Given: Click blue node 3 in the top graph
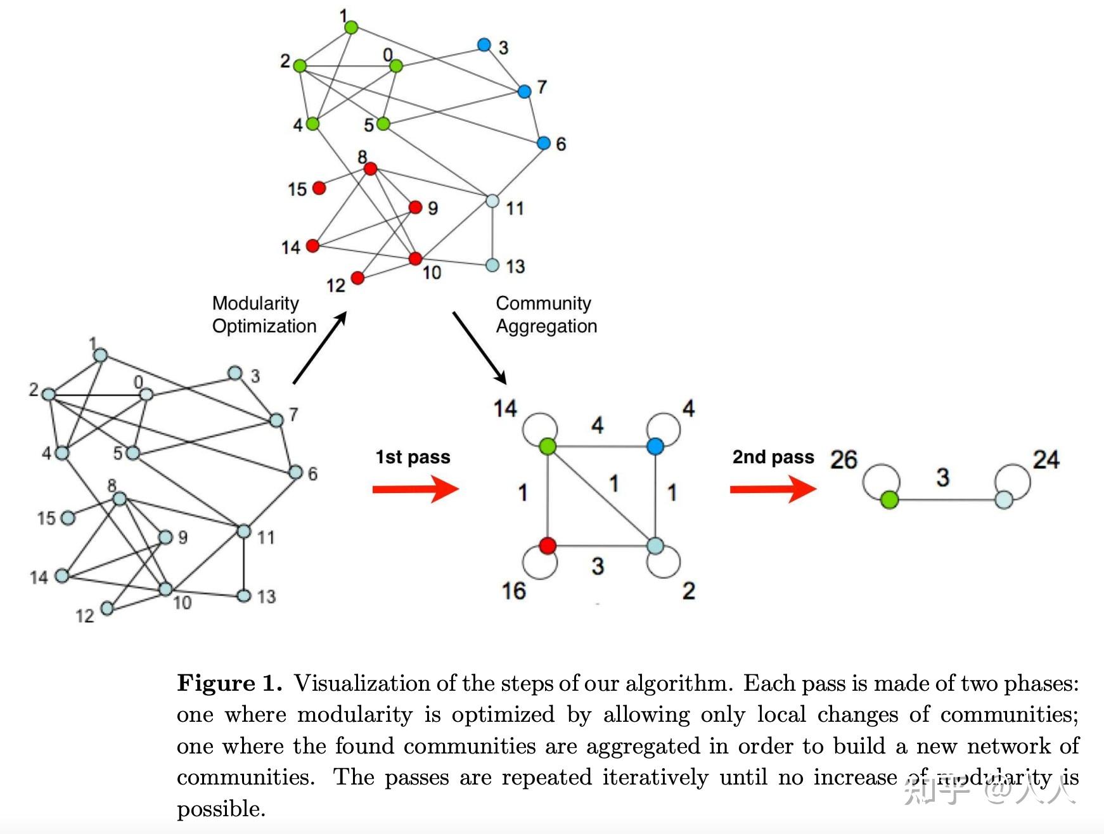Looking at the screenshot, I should (484, 45).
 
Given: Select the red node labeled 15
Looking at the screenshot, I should (319, 188).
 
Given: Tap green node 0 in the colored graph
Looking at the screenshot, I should (396, 66).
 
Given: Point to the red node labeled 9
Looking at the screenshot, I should (415, 207).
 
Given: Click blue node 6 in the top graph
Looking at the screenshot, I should (543, 143).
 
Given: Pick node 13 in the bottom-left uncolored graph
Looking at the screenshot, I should (243, 596).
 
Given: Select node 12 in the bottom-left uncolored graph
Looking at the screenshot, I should (107, 608).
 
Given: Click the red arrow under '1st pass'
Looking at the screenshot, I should (415, 489).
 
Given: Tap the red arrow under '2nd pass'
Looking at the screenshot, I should (773, 489).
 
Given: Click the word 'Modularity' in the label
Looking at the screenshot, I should (255, 303).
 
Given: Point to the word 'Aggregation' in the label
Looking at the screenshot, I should (546, 326).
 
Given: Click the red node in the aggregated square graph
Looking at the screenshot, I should (548, 545).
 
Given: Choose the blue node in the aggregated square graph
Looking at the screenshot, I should (655, 446).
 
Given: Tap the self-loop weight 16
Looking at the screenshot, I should (513, 591).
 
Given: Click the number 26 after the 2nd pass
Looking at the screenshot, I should (843, 459).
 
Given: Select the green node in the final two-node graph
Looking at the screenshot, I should (889, 500).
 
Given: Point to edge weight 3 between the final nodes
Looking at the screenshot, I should (942, 477).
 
